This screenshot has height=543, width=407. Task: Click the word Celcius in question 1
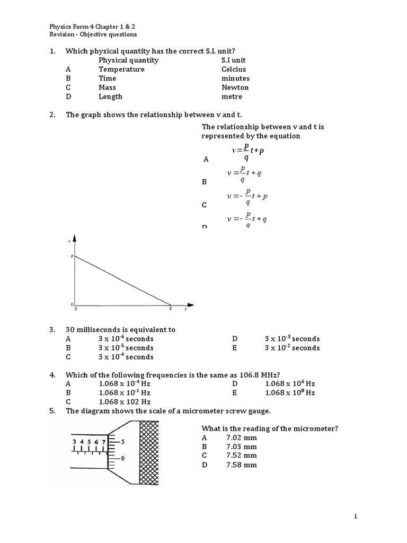tap(234, 69)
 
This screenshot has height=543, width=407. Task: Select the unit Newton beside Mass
tap(235, 87)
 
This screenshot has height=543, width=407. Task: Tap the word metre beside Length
tap(232, 97)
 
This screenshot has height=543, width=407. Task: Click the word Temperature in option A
tap(121, 69)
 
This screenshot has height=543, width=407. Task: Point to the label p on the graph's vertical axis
tap(72, 256)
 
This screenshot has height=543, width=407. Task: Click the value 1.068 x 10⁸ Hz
tap(290, 393)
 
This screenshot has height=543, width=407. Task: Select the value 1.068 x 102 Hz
tap(125, 402)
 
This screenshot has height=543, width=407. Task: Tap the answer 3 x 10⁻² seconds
tap(292, 348)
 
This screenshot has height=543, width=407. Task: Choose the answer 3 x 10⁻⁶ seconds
tap(126, 339)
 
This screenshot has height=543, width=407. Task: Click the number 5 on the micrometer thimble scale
tap(123, 441)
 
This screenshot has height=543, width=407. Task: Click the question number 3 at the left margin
tap(52, 330)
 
